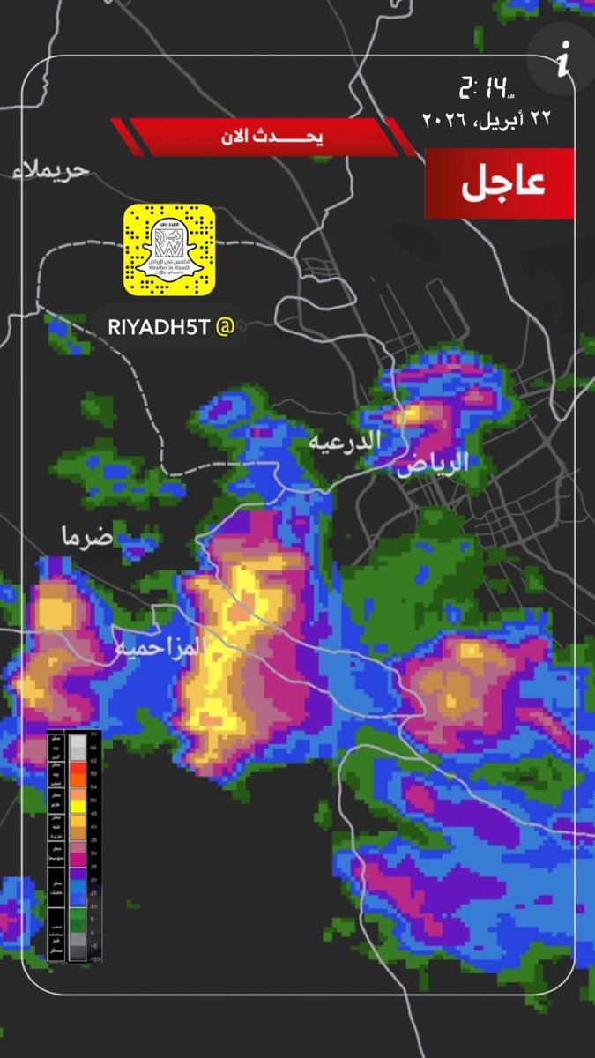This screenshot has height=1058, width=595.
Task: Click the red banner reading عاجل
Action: click(500, 183)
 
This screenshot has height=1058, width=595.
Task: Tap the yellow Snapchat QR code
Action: click(169, 250)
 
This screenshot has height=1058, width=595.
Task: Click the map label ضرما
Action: click(87, 535)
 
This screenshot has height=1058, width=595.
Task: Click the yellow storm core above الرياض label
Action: click(413, 414)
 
